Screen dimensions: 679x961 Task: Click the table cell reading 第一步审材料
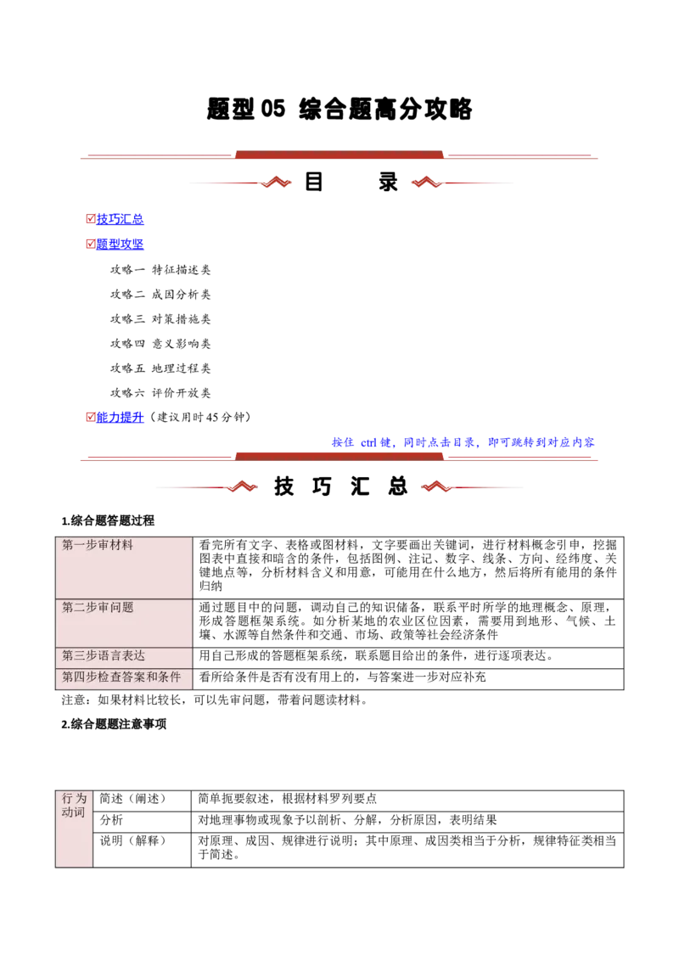click(x=124, y=567)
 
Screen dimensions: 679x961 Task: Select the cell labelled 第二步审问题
click(x=124, y=623)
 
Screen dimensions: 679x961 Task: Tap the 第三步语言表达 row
click(x=124, y=657)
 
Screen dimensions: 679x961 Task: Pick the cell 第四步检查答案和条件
click(x=124, y=677)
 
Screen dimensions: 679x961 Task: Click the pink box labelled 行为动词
click(x=74, y=829)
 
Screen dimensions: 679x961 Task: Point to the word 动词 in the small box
click(x=74, y=812)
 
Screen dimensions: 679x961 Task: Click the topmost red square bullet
click(x=89, y=218)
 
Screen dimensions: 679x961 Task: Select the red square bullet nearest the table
click(x=89, y=417)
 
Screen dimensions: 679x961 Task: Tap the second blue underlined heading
click(x=121, y=244)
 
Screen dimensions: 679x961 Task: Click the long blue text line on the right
click(x=463, y=442)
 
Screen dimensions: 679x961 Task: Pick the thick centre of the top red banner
click(x=339, y=154)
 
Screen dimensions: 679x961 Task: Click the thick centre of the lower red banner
click(x=339, y=455)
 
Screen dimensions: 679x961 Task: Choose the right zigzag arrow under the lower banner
click(x=436, y=486)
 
